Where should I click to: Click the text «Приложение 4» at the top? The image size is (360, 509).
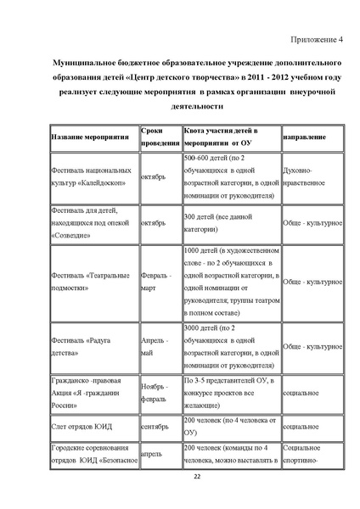pos(316,40)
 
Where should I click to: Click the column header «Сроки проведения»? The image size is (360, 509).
pos(160,137)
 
